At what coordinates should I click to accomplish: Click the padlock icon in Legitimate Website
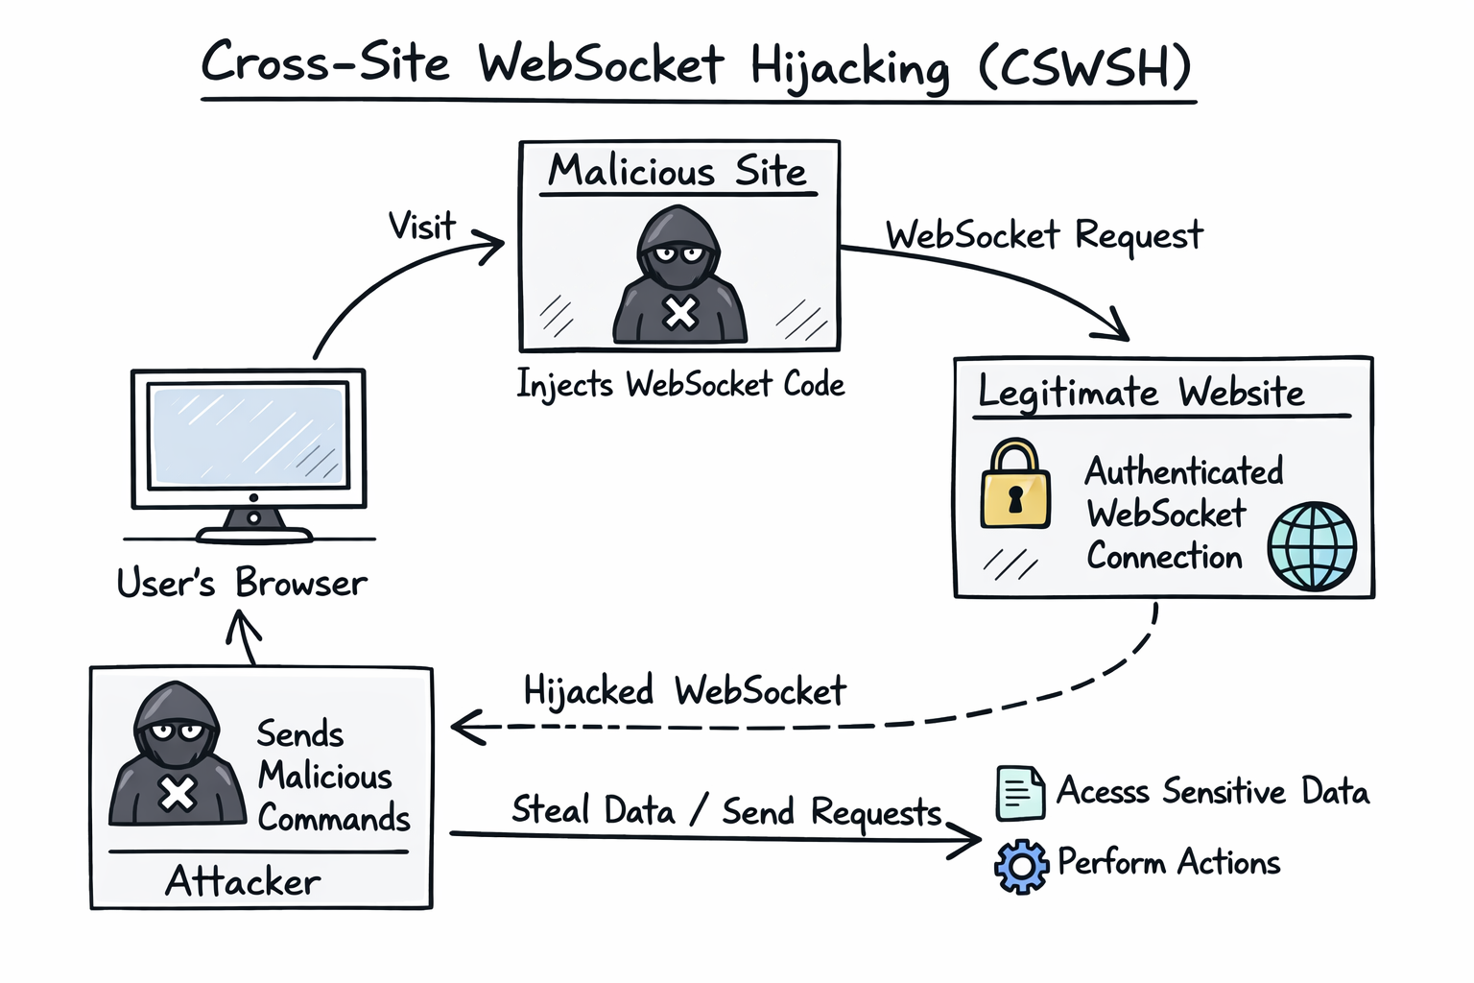click(1015, 485)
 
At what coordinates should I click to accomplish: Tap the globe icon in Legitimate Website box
click(1312, 546)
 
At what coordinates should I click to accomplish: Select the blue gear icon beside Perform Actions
click(1021, 866)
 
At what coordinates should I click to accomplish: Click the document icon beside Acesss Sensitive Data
click(1019, 793)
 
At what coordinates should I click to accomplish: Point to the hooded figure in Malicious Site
click(679, 276)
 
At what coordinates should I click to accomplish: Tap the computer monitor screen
click(249, 436)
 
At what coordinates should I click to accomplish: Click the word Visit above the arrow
click(421, 227)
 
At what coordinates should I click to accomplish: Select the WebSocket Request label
click(1044, 235)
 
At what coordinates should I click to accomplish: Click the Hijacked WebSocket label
click(684, 691)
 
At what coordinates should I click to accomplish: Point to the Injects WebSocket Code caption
click(680, 385)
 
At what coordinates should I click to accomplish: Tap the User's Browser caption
click(242, 584)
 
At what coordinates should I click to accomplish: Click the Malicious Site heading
click(678, 172)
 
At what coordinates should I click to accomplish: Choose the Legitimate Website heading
click(1141, 393)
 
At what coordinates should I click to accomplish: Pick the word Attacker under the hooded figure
click(243, 881)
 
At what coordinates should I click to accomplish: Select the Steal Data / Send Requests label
click(726, 811)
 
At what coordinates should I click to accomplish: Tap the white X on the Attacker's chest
click(178, 794)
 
